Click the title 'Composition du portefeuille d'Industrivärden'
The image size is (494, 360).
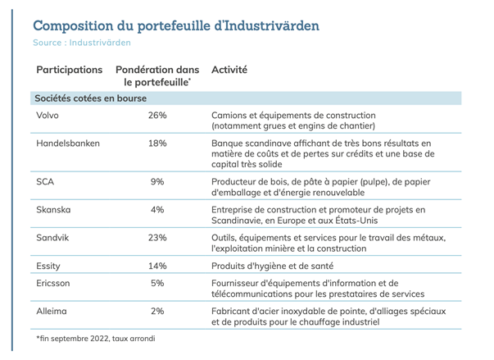coord(176,25)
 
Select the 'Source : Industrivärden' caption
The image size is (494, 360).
coord(82,43)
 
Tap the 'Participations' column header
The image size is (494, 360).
coord(70,70)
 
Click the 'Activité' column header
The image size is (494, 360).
coord(229,70)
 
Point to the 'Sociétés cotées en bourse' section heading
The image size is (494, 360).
coord(90,98)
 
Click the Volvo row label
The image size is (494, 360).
coord(48,116)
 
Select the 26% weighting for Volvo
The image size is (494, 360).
coord(157,116)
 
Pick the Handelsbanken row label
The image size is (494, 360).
coord(68,144)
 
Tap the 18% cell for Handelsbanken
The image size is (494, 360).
coord(157,144)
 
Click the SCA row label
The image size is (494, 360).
coord(45,182)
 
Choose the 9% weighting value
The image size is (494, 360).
coord(157,182)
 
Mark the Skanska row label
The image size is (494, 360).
coord(53,210)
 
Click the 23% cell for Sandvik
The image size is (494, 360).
coord(157,238)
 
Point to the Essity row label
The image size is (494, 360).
coord(48,267)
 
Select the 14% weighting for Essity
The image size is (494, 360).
coord(157,266)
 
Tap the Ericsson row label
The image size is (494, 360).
coord(53,283)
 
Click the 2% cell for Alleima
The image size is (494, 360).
coord(157,311)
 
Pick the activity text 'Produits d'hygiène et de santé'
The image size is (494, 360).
coord(272,267)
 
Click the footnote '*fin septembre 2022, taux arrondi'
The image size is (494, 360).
coord(96,339)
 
